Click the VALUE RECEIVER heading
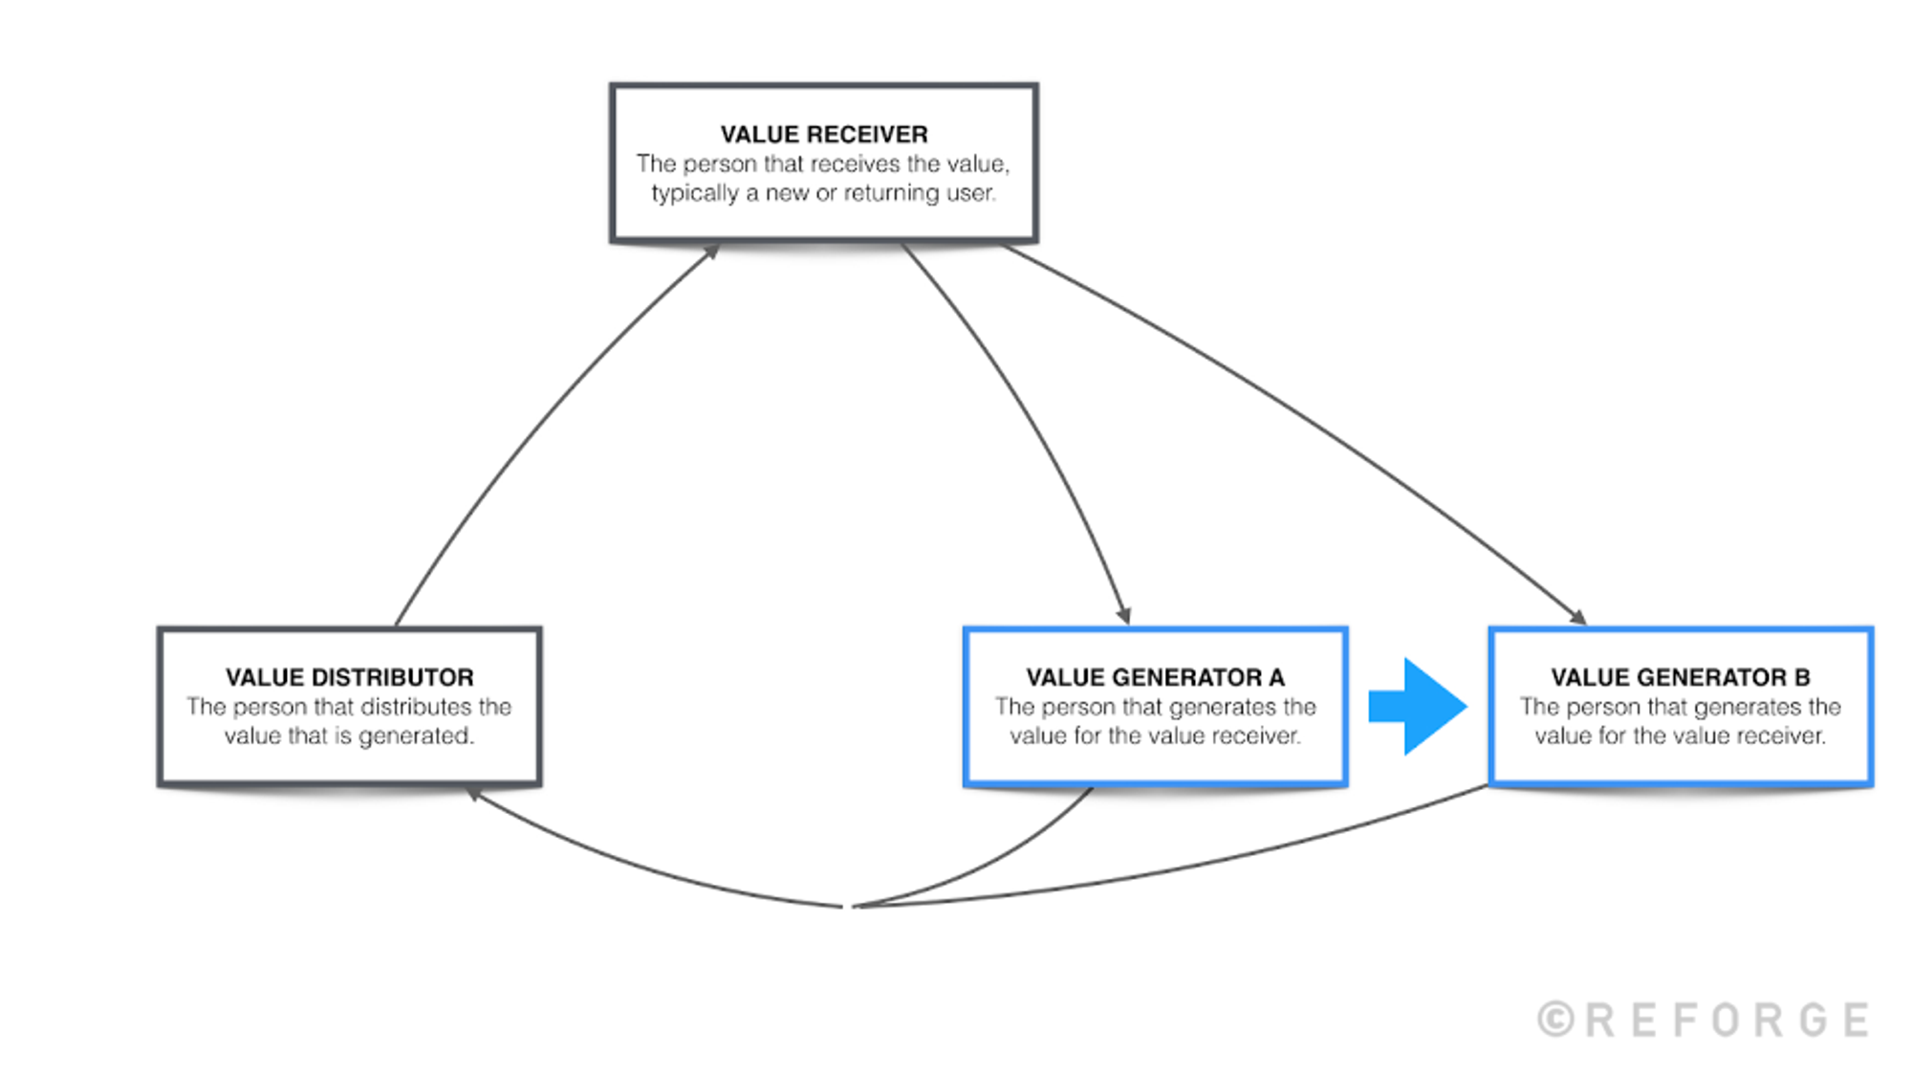[823, 134]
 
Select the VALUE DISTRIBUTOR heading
[349, 677]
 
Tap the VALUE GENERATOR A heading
[1155, 677]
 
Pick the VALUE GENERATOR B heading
[1680, 677]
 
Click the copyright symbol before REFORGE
[1555, 1020]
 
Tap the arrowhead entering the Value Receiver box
[711, 252]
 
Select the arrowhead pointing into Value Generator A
[1125, 615]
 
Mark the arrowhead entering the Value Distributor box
[472, 794]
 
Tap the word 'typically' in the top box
[695, 193]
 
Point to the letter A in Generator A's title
[1276, 677]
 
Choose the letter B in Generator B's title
[1802, 677]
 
